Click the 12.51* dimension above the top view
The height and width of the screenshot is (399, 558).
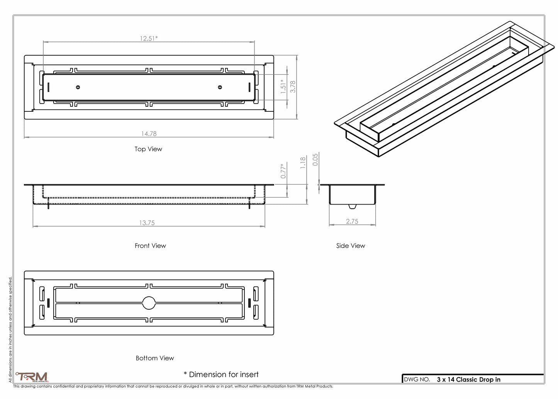point(149,38)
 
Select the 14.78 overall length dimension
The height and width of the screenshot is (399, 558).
point(149,134)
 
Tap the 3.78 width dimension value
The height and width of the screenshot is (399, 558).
point(293,86)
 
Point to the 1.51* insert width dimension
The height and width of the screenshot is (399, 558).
point(283,86)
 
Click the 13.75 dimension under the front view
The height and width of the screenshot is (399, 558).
point(147,223)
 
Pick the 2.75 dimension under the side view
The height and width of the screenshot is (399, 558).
point(352,222)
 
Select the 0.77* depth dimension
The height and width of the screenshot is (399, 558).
point(283,171)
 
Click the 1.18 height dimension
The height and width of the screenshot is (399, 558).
point(303,162)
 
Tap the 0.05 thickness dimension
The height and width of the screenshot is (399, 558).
point(315,160)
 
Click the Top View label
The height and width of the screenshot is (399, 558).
point(148,149)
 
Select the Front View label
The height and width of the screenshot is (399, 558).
point(150,246)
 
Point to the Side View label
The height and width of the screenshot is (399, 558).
point(350,246)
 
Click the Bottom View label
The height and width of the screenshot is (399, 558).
point(154,358)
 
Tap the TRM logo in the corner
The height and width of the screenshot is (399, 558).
point(32,377)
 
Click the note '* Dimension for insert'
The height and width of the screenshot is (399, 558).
point(221,375)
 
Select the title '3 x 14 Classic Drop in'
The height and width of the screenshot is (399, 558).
point(468,380)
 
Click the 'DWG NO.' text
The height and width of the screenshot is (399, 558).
point(417,380)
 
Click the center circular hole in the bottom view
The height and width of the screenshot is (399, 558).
point(149,303)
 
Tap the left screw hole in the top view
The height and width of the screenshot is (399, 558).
point(78,87)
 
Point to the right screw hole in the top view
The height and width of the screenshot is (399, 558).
point(220,87)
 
